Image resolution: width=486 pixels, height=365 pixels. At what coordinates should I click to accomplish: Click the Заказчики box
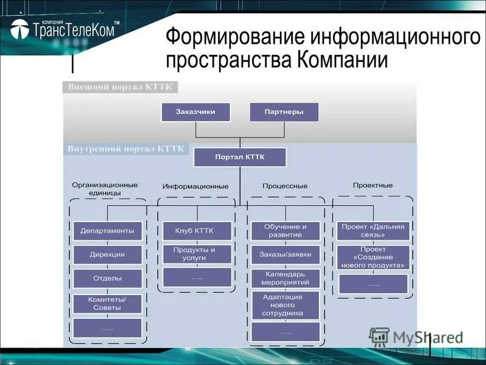tap(196, 112)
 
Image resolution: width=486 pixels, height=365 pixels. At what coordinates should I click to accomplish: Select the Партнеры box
tap(284, 112)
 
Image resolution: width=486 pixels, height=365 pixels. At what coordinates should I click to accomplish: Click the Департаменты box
tap(108, 231)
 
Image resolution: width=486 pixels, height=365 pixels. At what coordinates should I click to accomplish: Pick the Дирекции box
tap(108, 254)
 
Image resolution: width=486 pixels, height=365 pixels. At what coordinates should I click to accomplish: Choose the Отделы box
tap(108, 278)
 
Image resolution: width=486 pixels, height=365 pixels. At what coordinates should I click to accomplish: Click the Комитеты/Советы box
tap(108, 303)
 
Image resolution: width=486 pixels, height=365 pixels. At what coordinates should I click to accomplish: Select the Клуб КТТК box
tap(197, 231)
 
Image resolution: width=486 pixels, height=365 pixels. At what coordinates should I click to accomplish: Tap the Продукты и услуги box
tap(197, 254)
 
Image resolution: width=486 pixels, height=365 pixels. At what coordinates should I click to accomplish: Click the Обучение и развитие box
tap(285, 231)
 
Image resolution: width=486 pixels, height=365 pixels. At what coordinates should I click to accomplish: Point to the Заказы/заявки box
tap(285, 254)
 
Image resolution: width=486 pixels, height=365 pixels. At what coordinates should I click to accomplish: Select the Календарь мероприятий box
tap(285, 278)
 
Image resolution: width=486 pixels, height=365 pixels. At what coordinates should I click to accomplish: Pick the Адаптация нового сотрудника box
tap(285, 305)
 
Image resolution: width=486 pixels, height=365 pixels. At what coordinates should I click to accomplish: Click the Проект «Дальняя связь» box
tap(372, 231)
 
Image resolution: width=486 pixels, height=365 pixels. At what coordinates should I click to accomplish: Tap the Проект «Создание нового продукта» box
tap(372, 257)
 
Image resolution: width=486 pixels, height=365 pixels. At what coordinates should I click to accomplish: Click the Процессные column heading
tap(285, 186)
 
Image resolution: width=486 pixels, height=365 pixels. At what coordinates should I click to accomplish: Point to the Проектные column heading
tap(372, 185)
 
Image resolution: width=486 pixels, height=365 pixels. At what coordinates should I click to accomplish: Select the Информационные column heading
tap(196, 186)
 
